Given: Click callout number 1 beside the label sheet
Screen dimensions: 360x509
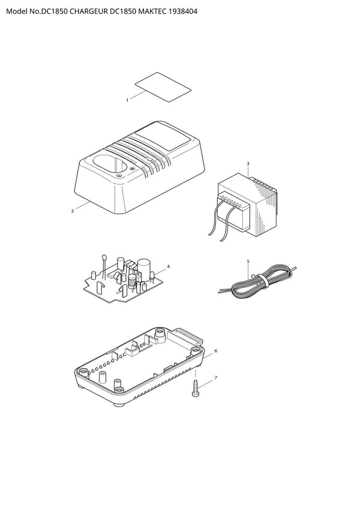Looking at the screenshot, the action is coord(127,100).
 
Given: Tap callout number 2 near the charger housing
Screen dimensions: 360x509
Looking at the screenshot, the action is coord(73,211).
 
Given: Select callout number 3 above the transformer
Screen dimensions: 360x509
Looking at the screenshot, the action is coord(248,164).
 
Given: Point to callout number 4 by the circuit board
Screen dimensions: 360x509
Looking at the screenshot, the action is coord(168,267).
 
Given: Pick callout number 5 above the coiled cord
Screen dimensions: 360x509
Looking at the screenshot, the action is coord(248,261).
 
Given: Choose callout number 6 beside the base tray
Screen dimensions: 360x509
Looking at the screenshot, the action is coord(216,351).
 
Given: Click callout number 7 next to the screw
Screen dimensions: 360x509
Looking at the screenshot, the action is coord(216,378).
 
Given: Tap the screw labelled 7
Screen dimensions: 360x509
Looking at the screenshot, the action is coord(196,388).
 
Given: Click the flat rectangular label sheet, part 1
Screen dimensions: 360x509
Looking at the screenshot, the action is coord(163,88).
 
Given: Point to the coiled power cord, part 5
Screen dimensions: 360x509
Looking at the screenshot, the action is coord(257,280).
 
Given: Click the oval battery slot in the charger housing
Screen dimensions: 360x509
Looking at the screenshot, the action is coord(109,164).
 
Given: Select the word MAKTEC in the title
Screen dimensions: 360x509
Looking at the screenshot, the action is coord(152,11).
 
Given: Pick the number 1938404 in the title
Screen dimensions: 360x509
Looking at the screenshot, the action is coord(183,11).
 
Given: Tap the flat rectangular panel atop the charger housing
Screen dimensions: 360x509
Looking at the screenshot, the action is coord(163,138).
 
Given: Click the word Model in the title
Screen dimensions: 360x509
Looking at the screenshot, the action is coord(16,11).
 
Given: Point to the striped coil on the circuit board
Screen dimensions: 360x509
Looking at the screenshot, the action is coord(132,281).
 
